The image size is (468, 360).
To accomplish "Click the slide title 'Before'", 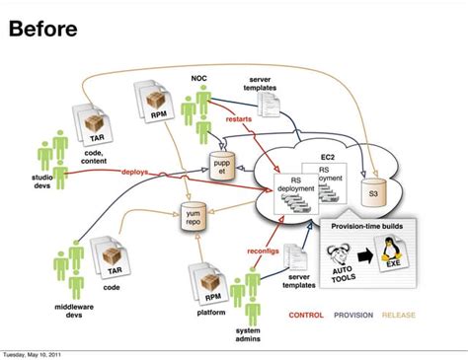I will pyautogui.click(x=42, y=29).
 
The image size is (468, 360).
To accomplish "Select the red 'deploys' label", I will pyautogui.click(x=135, y=172).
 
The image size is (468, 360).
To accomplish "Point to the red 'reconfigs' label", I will pyautogui.click(x=266, y=251).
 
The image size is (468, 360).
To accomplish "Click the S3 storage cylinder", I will pyautogui.click(x=371, y=193).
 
